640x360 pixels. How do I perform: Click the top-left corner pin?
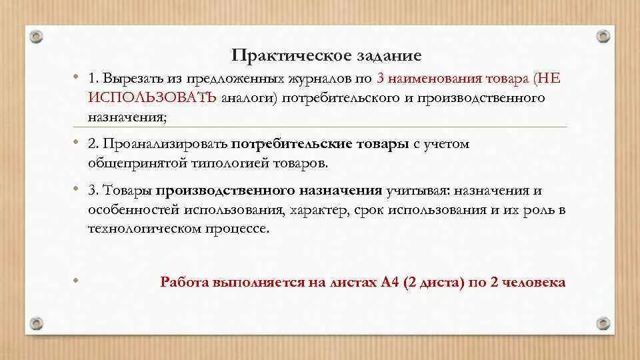(36, 36)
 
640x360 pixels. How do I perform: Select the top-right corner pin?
(603, 36)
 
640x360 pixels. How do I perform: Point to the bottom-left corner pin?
(36, 323)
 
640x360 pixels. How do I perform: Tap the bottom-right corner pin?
(603, 323)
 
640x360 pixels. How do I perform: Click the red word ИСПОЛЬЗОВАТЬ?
(152, 98)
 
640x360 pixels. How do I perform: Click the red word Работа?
(183, 282)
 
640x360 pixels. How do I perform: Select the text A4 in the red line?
(390, 282)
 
